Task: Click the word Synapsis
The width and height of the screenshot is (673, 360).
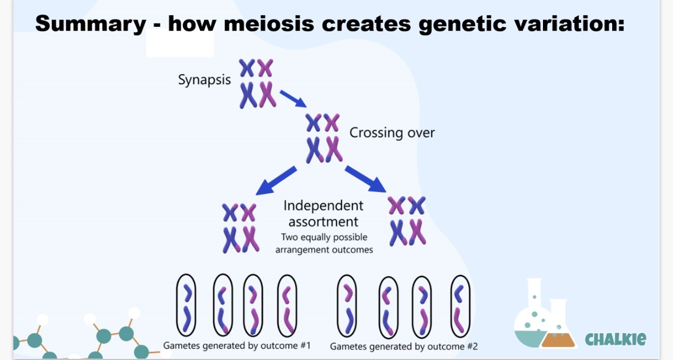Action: [204, 80]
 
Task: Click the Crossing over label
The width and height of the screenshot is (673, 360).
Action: [392, 133]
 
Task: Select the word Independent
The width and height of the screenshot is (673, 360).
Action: [323, 205]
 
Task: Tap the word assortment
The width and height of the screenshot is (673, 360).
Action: [323, 222]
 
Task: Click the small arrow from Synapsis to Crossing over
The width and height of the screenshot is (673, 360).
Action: [292, 98]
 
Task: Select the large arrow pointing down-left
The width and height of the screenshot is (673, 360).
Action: [276, 180]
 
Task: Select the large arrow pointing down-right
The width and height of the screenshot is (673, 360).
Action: [366, 179]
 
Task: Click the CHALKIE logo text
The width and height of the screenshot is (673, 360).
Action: [616, 338]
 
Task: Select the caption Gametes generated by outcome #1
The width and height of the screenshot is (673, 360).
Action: [236, 345]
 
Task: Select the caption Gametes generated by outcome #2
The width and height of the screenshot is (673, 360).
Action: [403, 347]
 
